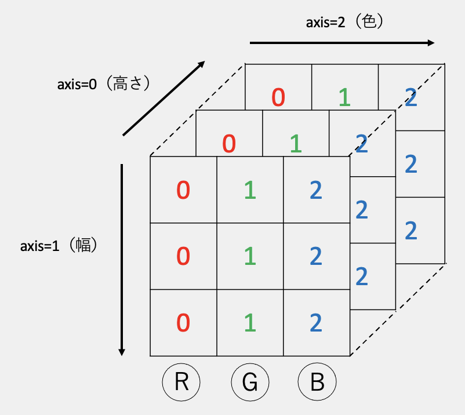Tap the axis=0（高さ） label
pyautogui.click(x=105, y=84)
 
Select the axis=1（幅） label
pyautogui.click(x=59, y=245)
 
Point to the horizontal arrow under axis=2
pyautogui.click(x=342, y=43)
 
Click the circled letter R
pyautogui.click(x=181, y=383)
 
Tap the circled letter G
pyautogui.click(x=250, y=383)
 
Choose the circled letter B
pyautogui.click(x=317, y=383)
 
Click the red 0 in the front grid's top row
pyautogui.click(x=183, y=190)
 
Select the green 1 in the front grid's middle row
pyautogui.click(x=250, y=256)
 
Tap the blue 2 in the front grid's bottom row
pyautogui.click(x=316, y=323)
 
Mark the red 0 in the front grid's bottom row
pyautogui.click(x=183, y=323)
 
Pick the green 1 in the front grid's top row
pyautogui.click(x=250, y=190)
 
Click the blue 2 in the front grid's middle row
pyautogui.click(x=316, y=256)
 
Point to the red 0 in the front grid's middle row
pyautogui.click(x=183, y=256)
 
